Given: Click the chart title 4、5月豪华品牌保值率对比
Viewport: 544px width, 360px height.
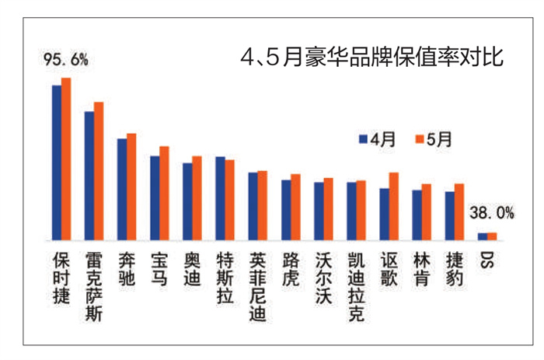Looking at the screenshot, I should tap(372, 57).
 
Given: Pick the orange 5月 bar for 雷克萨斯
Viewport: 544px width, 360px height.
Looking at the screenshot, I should tap(99, 170).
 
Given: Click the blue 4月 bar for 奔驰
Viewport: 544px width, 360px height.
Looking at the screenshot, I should tap(122, 189).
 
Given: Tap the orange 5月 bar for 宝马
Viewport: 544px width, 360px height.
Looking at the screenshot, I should tap(164, 193).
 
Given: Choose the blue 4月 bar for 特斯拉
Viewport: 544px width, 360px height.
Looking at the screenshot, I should tap(220, 198).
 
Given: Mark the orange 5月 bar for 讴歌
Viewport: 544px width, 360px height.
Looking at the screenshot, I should tap(394, 206).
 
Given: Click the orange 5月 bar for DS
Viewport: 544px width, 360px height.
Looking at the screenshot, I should tap(492, 236).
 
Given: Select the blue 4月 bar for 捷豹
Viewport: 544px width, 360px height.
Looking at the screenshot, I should tap(449, 215).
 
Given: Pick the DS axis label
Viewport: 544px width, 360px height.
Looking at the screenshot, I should tap(486, 260).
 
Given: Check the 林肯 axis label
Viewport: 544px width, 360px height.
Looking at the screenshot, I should tap(420, 269).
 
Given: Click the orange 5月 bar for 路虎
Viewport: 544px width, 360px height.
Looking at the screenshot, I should tap(295, 207).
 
